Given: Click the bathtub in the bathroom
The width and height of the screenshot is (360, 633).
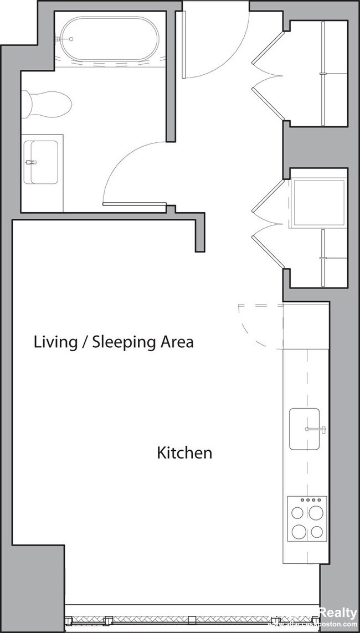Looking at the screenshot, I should pos(109,40).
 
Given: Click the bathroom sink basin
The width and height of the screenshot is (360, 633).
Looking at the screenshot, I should pos(44,162).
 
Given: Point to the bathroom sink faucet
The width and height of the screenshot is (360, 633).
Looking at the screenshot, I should pos(30,162).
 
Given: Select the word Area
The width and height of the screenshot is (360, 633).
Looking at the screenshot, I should pos(177,342).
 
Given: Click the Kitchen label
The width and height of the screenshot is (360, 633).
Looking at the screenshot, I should pos(184,453).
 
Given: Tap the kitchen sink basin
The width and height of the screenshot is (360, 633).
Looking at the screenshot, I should pos(304,429).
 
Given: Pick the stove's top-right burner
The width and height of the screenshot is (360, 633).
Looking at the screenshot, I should pos(317,512).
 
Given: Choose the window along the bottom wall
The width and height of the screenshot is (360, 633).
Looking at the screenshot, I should pos(191,618).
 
